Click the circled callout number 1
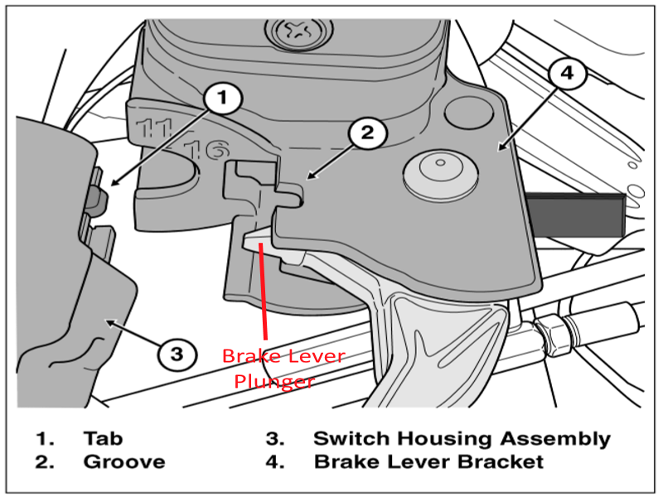pos(221,99)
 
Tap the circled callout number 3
pos(176,355)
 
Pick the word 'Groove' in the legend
pos(123,461)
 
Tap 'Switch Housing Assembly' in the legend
pos(462,438)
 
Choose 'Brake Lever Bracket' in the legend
pos(428,461)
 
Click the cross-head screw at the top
pos(296,33)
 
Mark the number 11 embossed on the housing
pos(155,128)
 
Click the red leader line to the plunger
pos(264,290)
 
